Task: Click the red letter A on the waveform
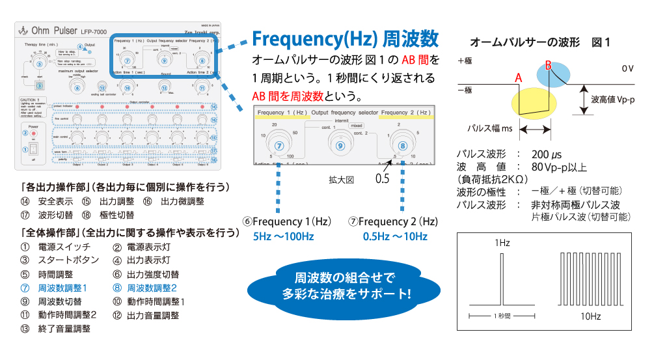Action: [x=519, y=77]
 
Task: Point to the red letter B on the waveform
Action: [x=549, y=65]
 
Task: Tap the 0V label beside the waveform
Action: [x=627, y=68]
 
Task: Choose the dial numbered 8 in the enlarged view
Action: [x=403, y=146]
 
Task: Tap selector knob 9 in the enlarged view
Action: [x=339, y=146]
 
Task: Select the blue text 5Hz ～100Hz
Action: [x=283, y=236]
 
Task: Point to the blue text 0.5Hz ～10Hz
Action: [x=395, y=236]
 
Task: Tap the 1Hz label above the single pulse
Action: [x=501, y=242]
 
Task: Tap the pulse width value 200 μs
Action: [x=547, y=155]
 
